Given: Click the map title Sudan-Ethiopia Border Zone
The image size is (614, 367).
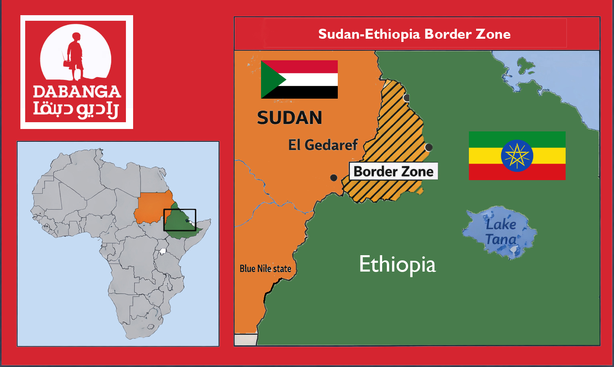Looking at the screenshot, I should [x=414, y=34].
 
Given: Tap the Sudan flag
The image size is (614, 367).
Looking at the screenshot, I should [x=299, y=79].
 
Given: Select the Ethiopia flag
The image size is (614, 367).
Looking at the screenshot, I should [x=517, y=155].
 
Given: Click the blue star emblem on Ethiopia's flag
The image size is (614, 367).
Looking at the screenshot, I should [x=517, y=155].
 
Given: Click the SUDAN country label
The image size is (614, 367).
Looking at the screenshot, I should [x=289, y=118].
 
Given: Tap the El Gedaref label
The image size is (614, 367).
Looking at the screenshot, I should [x=323, y=145].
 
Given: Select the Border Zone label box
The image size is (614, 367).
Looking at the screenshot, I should [x=393, y=171].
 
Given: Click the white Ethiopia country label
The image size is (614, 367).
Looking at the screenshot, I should [x=397, y=264].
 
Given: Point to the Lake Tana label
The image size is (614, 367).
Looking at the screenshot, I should [x=500, y=232].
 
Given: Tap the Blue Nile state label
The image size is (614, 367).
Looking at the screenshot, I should [x=265, y=269].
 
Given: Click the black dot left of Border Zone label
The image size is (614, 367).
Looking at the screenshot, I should [x=333, y=178].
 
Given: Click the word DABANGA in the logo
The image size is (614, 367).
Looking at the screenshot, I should [x=77, y=92].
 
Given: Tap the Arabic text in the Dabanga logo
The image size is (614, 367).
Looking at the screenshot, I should [x=76, y=109].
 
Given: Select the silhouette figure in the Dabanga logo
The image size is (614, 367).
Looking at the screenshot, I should [x=75, y=54].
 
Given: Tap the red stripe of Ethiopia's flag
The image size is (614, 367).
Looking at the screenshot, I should [x=517, y=172].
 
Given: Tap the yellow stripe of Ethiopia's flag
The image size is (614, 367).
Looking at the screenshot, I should [x=484, y=156].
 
